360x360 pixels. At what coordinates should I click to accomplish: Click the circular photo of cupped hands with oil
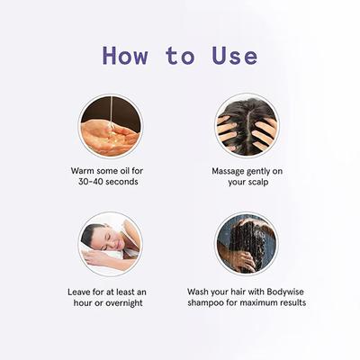pos(109,125)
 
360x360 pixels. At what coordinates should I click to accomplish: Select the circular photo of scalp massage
pos(246,125)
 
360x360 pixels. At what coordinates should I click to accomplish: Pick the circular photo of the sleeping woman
pos(109,244)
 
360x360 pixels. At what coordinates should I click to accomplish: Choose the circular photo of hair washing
pos(246,244)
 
